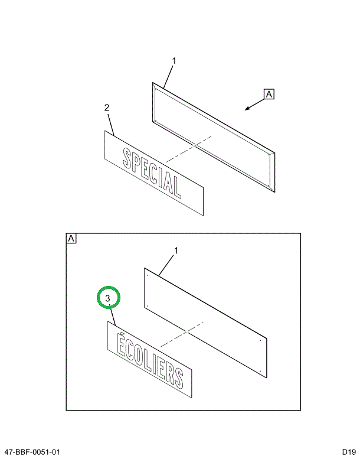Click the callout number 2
coord(107,108)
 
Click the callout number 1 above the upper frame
coord(174,61)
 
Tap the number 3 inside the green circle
coord(107,298)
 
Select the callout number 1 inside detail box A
coord(176,251)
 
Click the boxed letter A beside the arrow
coord(269,95)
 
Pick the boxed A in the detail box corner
coord(71,239)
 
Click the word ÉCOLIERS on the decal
coord(150,359)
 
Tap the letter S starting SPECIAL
coord(127,158)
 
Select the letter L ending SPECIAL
coord(176,187)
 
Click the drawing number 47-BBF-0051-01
coord(32,453)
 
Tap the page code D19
coord(349,451)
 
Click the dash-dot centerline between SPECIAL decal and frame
coord(189,149)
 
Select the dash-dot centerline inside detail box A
coord(182,334)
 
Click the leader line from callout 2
coord(111,125)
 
